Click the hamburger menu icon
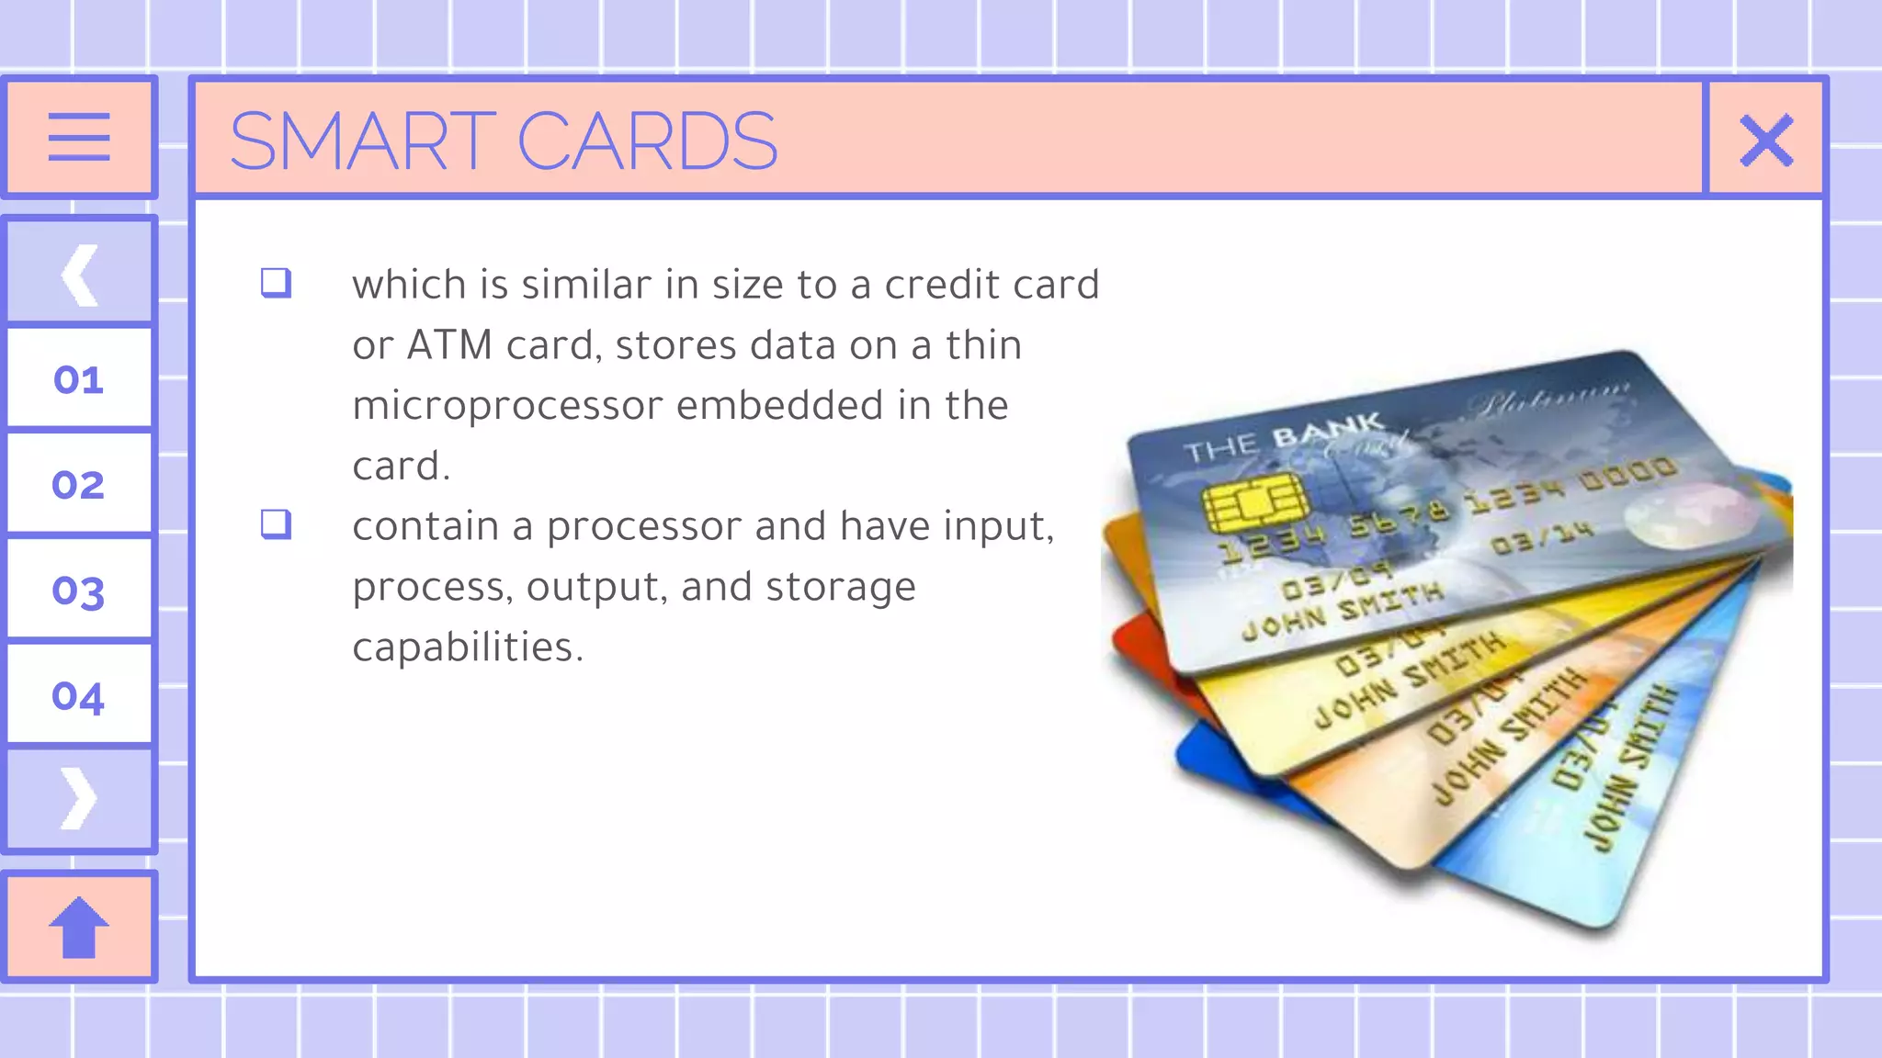pos(79,138)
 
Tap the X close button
pos(1766,140)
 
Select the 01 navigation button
pos(79,378)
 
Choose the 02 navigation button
pos(79,484)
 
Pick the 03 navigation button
pos(79,591)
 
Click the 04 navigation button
pos(79,695)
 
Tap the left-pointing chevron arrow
pos(79,274)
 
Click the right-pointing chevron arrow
pos(79,798)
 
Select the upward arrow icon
pos(79,927)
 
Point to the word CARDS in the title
pos(647,141)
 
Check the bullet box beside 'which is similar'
pos(276,282)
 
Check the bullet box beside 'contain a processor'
pos(276,523)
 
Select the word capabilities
pos(467,647)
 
